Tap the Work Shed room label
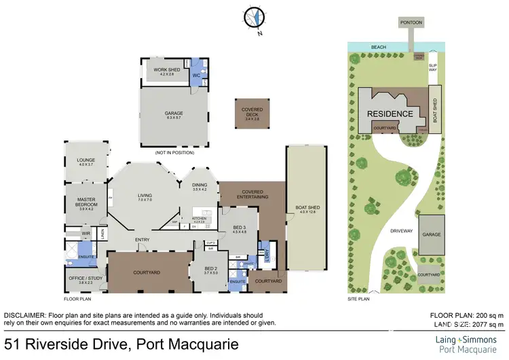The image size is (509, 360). tap(164, 70)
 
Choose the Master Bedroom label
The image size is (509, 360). tap(87, 202)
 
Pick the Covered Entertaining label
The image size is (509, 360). tap(252, 194)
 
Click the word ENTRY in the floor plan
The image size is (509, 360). tap(143, 240)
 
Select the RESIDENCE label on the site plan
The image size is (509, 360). tap(390, 113)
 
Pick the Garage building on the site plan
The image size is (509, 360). tap(432, 234)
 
